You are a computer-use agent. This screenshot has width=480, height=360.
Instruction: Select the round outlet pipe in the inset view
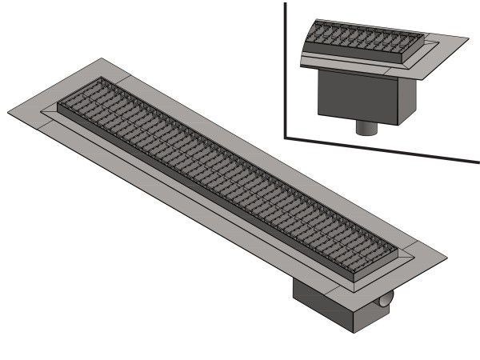click(366, 126)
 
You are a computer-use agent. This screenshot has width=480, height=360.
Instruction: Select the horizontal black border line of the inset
click(384, 150)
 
